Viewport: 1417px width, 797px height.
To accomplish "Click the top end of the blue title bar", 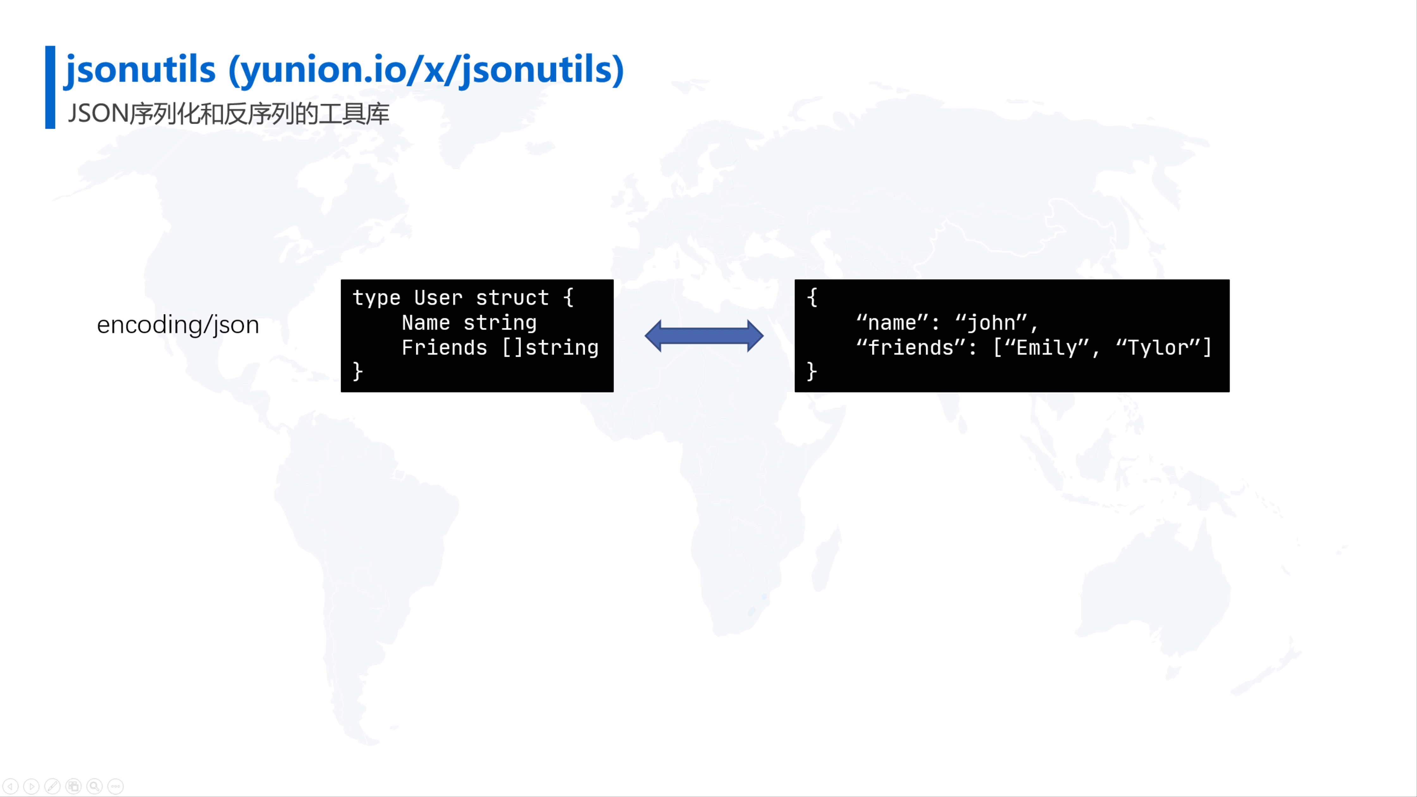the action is tap(50, 46).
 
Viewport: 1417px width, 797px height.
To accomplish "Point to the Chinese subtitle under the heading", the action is tap(228, 114).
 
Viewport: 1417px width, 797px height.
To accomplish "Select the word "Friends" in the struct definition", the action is tap(444, 348).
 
